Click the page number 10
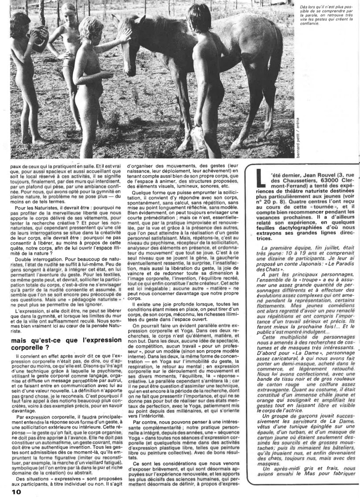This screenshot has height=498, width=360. [16, 491]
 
